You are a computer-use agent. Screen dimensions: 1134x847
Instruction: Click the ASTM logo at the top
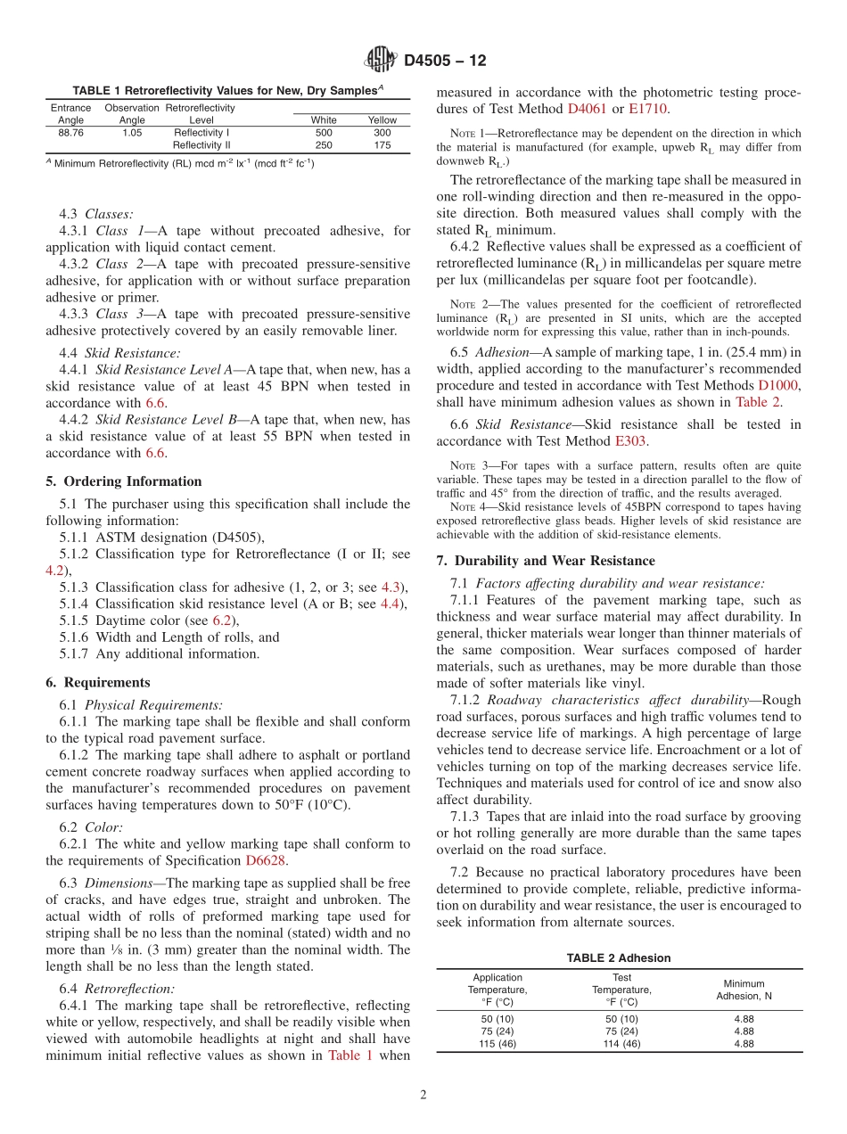point(381,61)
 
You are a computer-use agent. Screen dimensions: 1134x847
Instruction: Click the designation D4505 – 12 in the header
point(445,62)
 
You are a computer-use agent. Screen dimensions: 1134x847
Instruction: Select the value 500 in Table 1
point(324,132)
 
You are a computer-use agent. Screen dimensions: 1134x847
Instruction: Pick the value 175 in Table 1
point(382,144)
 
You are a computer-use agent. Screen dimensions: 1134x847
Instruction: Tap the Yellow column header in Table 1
point(382,119)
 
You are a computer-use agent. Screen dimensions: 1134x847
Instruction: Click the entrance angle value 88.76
point(70,132)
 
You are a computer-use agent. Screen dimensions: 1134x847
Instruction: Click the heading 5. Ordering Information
point(124,481)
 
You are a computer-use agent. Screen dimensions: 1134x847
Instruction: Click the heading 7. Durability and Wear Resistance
point(546,561)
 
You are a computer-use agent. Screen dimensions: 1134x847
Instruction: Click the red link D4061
point(587,109)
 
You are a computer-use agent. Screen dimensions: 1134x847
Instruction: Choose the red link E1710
point(648,109)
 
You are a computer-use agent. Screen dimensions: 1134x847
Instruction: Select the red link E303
point(630,440)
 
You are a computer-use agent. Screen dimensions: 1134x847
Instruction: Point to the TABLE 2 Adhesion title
point(619,958)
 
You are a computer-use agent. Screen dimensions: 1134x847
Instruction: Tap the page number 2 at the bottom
point(423,1096)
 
